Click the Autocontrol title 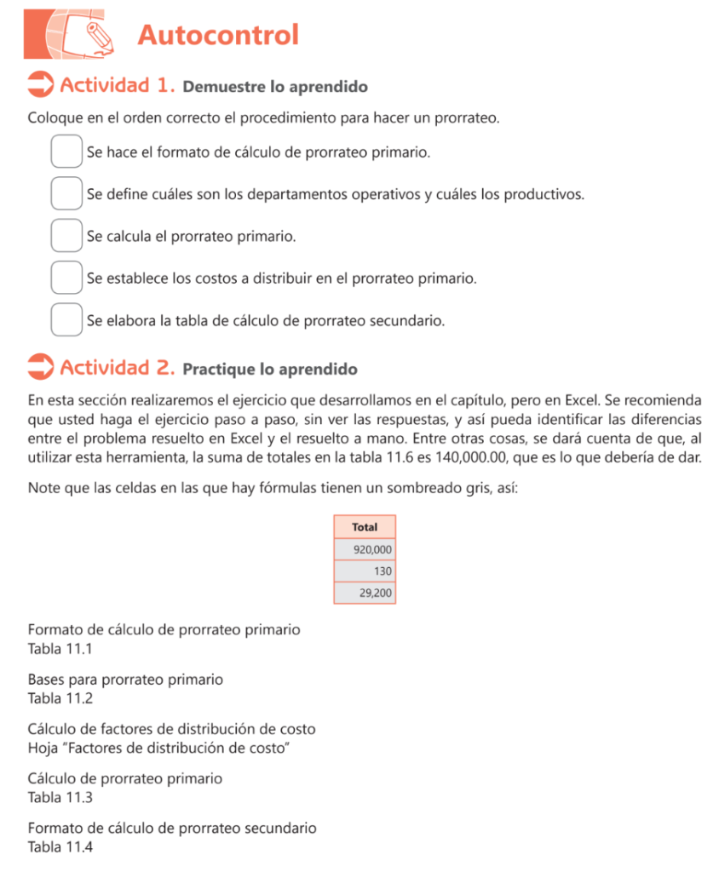click(218, 36)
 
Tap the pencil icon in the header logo click(99, 33)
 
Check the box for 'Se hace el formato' click(66, 152)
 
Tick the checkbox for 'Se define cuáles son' click(66, 193)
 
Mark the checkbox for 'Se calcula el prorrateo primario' click(66, 235)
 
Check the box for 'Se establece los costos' click(66, 278)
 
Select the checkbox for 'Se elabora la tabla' click(66, 319)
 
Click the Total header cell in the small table click(365, 527)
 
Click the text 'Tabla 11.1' click(59, 649)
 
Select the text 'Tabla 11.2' click(59, 698)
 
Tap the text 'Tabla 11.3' click(59, 798)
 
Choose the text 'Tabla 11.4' click(59, 847)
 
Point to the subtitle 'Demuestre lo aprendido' click(275, 87)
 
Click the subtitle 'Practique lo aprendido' click(270, 370)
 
